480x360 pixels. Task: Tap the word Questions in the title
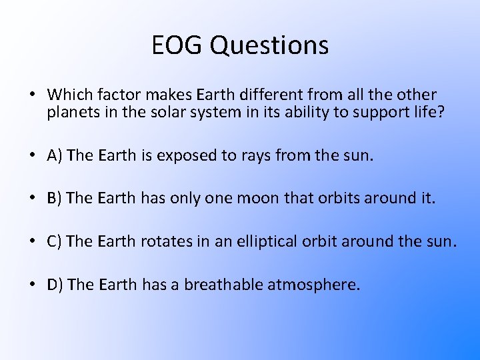tap(269, 45)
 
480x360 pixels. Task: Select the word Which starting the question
tap(68, 95)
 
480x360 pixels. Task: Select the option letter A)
tap(55, 156)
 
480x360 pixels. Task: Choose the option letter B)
tap(55, 199)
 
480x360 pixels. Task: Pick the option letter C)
tap(55, 242)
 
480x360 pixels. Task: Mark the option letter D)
tap(55, 285)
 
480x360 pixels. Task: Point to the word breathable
tap(223, 285)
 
